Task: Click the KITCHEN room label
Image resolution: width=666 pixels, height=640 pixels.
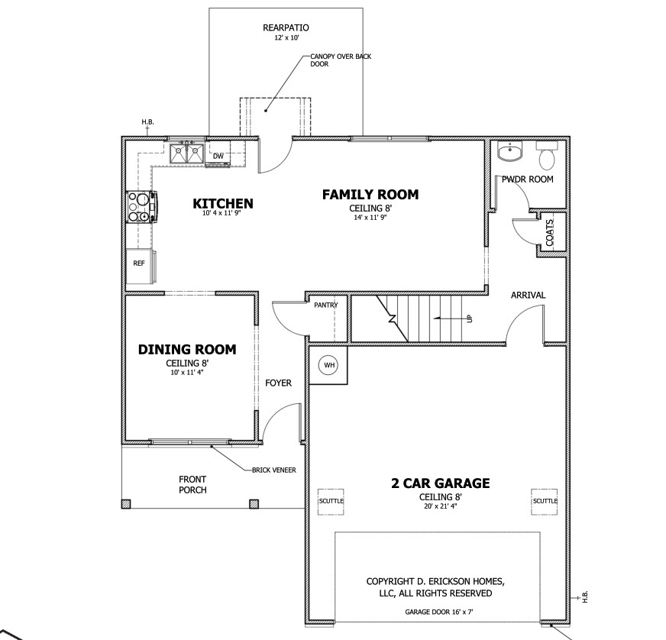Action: [223, 203]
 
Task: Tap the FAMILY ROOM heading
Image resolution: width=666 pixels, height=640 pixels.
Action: [370, 195]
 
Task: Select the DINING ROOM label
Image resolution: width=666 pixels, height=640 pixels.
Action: [187, 350]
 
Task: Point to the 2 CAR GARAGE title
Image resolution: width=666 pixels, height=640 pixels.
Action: [441, 483]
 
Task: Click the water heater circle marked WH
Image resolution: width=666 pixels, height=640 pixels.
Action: [329, 365]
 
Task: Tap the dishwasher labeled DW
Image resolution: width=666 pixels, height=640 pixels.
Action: [218, 157]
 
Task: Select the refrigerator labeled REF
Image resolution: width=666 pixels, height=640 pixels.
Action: [139, 267]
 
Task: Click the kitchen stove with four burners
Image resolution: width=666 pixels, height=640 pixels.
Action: [141, 207]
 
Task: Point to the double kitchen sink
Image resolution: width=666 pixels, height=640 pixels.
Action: [186, 154]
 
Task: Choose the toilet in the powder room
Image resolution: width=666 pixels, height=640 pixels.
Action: [546, 155]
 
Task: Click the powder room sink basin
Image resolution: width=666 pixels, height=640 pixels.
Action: [509, 152]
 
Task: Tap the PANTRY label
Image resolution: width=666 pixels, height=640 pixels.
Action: [326, 305]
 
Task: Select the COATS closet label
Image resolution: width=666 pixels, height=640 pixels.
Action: [550, 233]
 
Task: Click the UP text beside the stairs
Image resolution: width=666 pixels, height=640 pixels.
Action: [470, 318]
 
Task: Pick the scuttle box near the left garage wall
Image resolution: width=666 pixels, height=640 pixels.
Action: [331, 501]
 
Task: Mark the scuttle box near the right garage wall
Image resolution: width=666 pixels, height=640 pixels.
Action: [545, 501]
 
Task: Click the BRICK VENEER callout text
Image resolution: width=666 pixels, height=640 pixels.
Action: [274, 470]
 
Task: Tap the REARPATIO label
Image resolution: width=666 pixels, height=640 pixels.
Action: [286, 28]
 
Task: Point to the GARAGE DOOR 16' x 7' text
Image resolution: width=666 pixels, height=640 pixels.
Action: [438, 612]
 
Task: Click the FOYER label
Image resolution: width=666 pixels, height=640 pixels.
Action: [278, 383]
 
